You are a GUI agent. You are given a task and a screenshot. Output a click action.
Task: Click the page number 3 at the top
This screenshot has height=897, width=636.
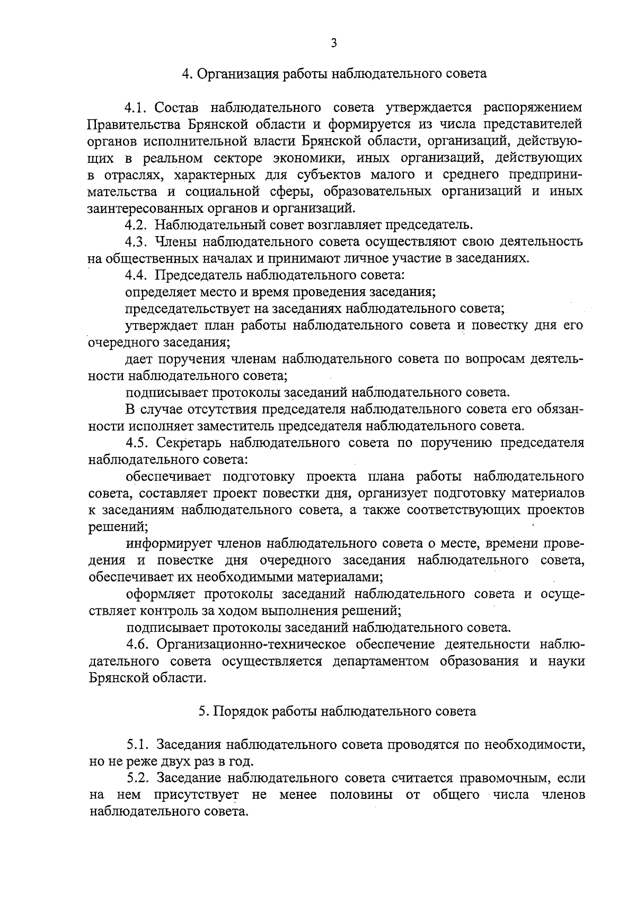point(333,43)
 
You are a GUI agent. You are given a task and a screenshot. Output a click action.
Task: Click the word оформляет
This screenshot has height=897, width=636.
point(160,594)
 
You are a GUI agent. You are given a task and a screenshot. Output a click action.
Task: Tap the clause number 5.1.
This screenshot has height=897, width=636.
point(138,745)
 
